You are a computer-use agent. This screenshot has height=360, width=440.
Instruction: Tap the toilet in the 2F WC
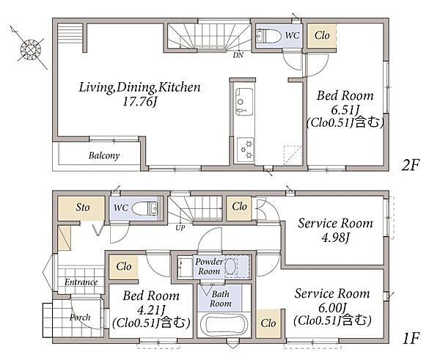coord(268,36)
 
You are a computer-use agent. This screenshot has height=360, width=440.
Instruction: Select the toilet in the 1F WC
coord(144,208)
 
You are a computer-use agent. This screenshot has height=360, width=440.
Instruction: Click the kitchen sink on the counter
coord(243,102)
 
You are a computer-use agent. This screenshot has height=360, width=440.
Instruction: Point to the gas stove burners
coord(245,150)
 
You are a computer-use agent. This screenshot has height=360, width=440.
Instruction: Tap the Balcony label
coord(104,155)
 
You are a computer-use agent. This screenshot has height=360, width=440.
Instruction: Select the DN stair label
coord(238,55)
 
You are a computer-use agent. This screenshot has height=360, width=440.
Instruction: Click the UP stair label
coord(180,228)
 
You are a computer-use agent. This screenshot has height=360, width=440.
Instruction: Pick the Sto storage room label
coord(83,207)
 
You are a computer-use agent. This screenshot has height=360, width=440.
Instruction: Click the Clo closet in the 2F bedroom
coord(322,36)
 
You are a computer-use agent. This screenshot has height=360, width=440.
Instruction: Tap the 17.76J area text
coord(139,101)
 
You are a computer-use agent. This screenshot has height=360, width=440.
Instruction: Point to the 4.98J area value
coord(335,238)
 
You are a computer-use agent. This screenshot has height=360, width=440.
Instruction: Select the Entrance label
coord(81,282)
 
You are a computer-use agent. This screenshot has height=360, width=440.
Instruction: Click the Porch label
coord(80,317)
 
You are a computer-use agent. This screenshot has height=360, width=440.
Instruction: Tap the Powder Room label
coord(209,266)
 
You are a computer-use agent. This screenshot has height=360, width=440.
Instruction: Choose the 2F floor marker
coord(410,165)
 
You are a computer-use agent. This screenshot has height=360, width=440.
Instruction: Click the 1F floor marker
coord(411,339)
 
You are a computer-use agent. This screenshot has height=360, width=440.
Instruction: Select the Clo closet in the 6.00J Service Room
coord(268,323)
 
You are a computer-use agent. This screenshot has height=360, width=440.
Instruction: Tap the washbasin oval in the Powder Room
coord(231,266)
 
